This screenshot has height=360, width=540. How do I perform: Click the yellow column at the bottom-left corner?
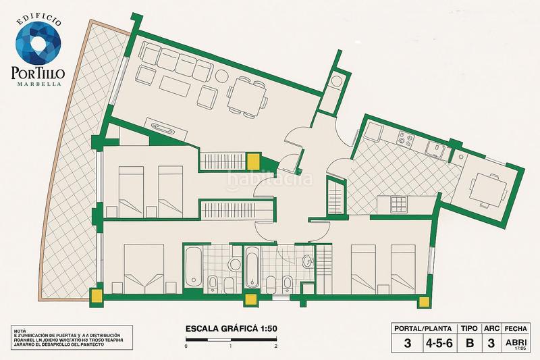[x=97, y=295]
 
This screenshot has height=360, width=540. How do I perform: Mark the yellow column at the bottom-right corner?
[x=425, y=301]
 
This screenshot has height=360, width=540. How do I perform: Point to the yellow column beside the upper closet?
[x=254, y=161]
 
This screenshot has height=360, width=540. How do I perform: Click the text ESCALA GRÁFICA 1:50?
[x=232, y=329]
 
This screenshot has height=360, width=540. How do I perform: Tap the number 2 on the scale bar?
[x=276, y=346]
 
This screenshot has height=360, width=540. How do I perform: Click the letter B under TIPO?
[x=469, y=342]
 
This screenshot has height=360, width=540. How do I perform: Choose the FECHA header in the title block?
[x=520, y=328]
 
